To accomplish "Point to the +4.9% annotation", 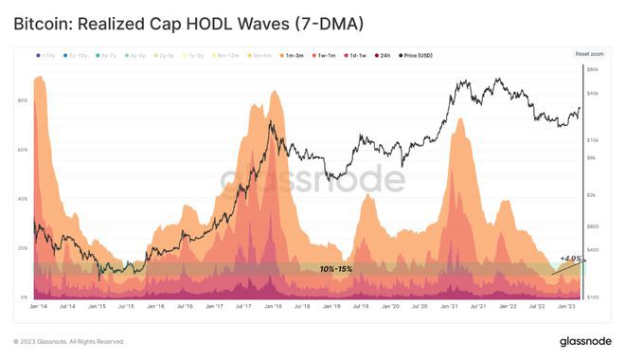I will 570,258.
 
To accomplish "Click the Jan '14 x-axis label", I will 39,307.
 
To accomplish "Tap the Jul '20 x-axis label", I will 418,307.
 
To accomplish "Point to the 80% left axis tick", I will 22,100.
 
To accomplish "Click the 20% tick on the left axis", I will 22,248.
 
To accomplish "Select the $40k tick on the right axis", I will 593,92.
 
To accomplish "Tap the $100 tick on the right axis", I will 593,297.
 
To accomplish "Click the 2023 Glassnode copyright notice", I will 68,341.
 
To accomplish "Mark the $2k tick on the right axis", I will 593,194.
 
